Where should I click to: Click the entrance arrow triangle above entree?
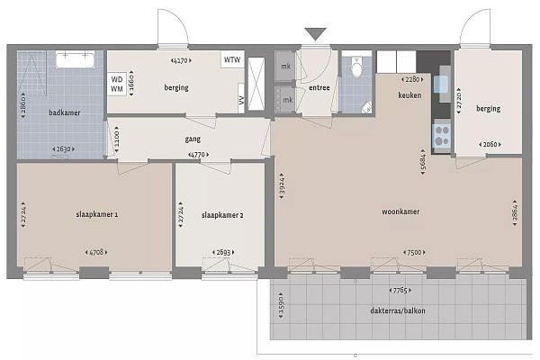tap(316, 34)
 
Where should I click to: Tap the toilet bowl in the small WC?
tap(356, 67)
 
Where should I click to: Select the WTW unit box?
tap(232, 59)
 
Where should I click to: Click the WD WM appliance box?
tap(117, 84)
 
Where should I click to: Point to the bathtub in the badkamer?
tap(75, 59)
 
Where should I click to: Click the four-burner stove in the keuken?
tap(442, 136)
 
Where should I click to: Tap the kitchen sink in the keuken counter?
tap(441, 85)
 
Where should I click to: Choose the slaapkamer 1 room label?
tap(97, 214)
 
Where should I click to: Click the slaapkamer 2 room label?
tap(222, 215)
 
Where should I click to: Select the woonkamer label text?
tap(400, 211)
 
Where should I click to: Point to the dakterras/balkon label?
tap(398, 310)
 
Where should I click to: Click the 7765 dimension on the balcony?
tap(400, 291)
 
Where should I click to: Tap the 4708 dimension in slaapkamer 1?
tap(96, 253)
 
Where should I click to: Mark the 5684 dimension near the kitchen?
tap(423, 162)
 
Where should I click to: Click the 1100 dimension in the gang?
tap(116, 139)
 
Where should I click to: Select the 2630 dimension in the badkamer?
tap(63, 149)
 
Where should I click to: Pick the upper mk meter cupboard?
tap(285, 66)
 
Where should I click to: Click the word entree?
tap(319, 87)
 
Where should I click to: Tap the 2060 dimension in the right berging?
tap(490, 144)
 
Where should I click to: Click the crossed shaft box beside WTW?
tap(256, 84)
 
